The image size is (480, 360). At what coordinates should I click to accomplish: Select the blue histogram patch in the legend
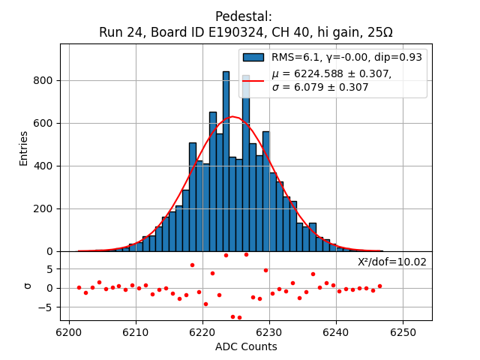[253, 58]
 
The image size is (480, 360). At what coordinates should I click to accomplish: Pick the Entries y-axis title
[24, 148]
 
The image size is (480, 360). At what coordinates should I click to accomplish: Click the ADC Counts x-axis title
[246, 346]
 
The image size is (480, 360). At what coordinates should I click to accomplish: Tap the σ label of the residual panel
[28, 286]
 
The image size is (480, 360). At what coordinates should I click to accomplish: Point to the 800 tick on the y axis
[44, 80]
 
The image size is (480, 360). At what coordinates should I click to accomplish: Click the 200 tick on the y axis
[44, 208]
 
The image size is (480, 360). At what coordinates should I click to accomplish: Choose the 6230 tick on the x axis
[269, 331]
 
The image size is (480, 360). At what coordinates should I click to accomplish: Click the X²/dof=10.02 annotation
[391, 262]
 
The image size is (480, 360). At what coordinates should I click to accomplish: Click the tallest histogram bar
[226, 161]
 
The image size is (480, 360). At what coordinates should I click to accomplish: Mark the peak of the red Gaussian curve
[233, 117]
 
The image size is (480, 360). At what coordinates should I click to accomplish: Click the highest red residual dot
[246, 254]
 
